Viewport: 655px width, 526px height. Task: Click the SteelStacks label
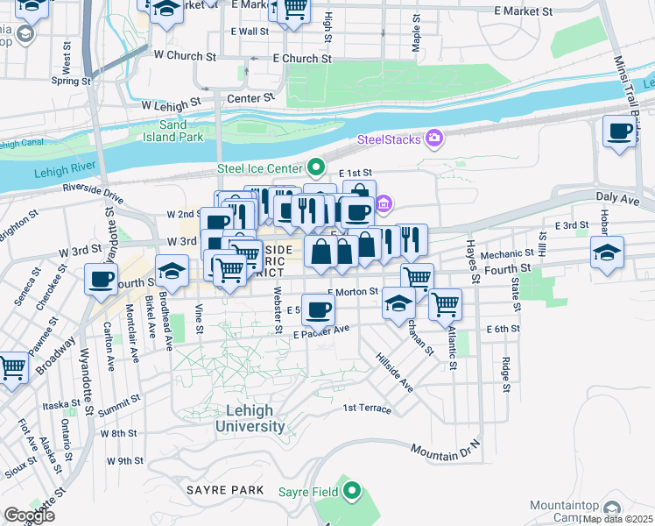[390, 139]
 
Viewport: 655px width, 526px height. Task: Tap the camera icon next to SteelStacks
[433, 139]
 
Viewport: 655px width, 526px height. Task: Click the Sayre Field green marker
[352, 491]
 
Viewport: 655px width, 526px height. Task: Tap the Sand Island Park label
[174, 131]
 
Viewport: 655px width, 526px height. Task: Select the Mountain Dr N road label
[446, 451]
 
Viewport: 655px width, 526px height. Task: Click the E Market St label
[524, 12]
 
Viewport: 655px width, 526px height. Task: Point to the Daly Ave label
[618, 200]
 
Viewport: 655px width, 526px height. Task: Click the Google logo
[29, 515]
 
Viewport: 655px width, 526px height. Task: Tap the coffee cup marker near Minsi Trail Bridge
[620, 131]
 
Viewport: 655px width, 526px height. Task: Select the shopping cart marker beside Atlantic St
[446, 304]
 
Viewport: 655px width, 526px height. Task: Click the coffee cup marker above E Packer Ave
[319, 309]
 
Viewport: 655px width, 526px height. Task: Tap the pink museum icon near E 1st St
[384, 205]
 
